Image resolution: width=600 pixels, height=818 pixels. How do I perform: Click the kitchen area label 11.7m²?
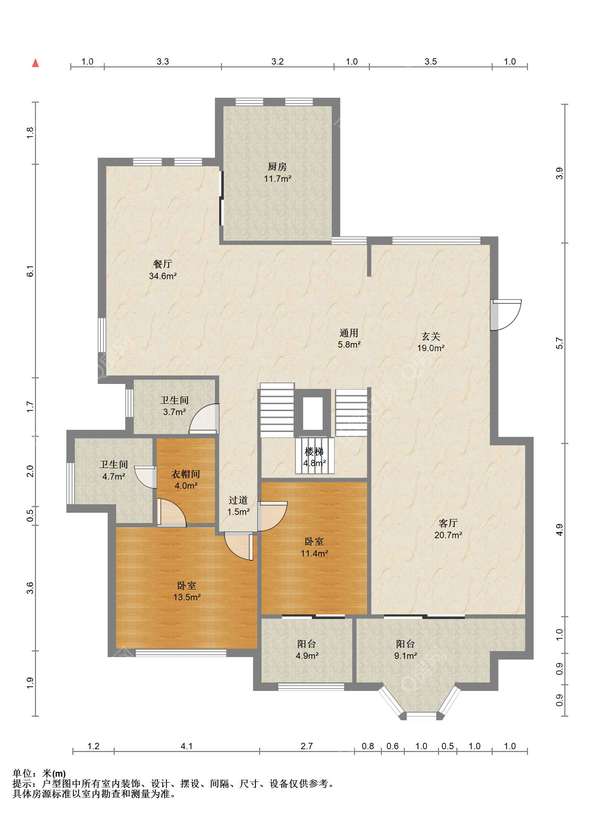click(277, 178)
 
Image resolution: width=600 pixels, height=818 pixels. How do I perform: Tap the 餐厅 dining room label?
click(162, 264)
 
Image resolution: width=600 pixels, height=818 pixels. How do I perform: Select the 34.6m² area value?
click(162, 276)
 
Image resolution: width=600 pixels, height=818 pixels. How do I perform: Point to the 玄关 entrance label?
click(431, 336)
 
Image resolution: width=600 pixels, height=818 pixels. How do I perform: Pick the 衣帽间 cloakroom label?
click(186, 474)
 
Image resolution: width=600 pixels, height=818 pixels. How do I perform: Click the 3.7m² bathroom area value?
click(174, 412)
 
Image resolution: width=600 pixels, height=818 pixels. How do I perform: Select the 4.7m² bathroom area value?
click(114, 476)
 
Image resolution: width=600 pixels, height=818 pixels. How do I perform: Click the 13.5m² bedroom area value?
click(187, 597)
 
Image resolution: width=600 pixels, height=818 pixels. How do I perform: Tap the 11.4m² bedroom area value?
click(314, 554)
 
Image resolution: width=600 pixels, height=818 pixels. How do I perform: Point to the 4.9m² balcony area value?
click(307, 656)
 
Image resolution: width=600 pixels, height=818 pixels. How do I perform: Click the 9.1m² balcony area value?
click(405, 656)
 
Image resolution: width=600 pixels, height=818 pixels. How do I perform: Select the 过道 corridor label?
click(238, 500)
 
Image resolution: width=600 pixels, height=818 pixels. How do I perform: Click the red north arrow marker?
click(36, 64)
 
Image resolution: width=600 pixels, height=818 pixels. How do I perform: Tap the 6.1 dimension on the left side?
click(30, 271)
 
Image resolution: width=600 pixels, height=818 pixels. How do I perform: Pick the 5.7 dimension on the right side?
click(560, 344)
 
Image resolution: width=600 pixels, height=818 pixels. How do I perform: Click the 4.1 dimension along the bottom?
click(187, 746)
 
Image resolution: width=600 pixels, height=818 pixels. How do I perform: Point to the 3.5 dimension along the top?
click(430, 61)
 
